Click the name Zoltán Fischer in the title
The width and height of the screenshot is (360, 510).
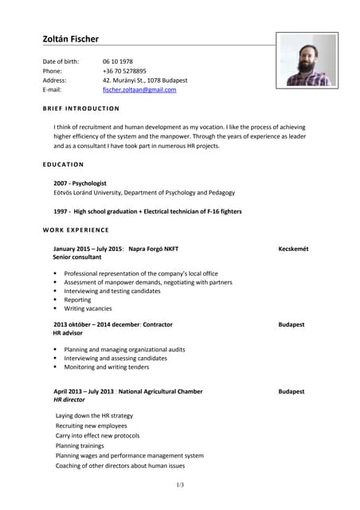pos(71,39)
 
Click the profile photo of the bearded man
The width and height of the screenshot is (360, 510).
pos(307,60)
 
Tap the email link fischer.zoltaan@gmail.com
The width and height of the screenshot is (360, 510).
pos(139,90)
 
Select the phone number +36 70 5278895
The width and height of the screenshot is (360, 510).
pos(124,71)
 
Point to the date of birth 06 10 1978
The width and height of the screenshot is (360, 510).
pos(118,61)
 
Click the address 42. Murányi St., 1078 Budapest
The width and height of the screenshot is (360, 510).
pos(145,80)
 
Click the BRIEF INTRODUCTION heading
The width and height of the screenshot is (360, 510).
pos(80,108)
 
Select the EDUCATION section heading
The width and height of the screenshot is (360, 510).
pos(63,164)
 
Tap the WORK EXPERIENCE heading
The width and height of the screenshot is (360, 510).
pos(76,230)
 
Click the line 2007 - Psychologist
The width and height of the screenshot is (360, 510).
pos(80,183)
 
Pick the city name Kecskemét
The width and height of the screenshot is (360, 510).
pos(293,249)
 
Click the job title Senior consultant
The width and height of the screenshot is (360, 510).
pos(77,257)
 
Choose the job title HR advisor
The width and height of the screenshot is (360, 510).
pos(68,333)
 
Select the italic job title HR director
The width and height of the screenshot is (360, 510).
pos(69,400)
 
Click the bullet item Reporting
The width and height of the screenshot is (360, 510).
pos(78,300)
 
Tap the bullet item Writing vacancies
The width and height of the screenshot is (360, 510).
pos(88,308)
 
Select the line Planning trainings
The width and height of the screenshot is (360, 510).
pos(80,445)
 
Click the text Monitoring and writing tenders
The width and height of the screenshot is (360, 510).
pos(107,367)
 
